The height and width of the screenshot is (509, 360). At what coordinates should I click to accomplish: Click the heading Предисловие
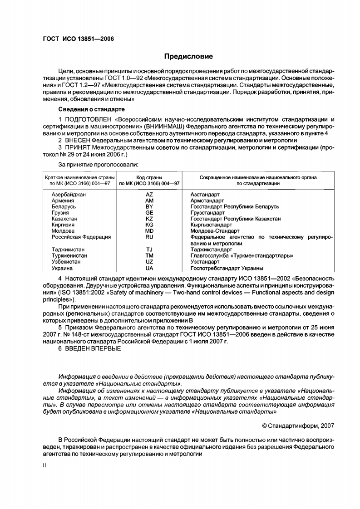click(x=188, y=56)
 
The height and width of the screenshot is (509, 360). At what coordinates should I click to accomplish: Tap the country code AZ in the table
click(x=149, y=194)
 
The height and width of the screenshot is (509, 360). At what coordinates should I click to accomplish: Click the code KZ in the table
click(x=149, y=219)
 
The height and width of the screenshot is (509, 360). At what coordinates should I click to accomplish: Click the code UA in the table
click(x=149, y=269)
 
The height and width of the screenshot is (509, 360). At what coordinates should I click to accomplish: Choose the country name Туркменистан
click(x=69, y=256)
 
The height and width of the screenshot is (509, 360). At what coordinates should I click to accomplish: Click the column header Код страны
click(x=149, y=177)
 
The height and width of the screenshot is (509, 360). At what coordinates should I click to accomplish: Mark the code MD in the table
click(x=149, y=231)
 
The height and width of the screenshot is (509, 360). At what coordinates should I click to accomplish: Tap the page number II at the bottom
click(x=39, y=465)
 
